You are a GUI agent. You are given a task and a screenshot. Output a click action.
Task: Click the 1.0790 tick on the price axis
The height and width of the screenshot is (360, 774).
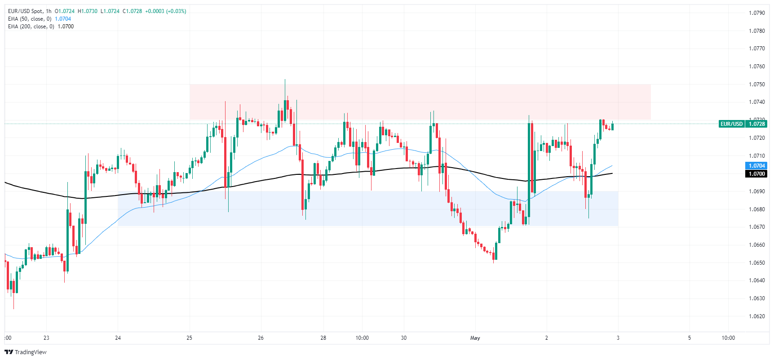point(756,13)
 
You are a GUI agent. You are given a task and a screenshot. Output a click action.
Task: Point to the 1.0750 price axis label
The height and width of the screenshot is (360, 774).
point(756,84)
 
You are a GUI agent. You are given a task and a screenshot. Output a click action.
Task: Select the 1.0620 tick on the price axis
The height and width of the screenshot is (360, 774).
point(756,316)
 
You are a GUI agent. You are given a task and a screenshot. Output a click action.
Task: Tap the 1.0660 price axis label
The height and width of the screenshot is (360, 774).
point(756,245)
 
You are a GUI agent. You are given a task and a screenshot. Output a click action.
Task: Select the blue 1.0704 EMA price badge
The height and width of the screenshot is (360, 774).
point(756,166)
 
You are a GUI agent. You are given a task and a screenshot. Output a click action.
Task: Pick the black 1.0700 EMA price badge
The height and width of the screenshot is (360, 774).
point(756,174)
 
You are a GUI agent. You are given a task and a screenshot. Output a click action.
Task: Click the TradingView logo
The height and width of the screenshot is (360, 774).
point(26,352)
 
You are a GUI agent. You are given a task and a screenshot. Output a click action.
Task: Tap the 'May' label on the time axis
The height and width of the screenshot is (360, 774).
point(475,338)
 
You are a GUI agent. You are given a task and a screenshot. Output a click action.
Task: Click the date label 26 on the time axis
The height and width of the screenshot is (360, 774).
point(261,338)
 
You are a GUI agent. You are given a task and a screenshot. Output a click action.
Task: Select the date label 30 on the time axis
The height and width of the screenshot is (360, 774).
point(403,338)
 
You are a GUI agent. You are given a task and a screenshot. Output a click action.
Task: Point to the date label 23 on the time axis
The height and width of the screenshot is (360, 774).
point(46,338)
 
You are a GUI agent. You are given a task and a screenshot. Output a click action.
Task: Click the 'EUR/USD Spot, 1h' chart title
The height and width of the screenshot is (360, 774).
point(30,11)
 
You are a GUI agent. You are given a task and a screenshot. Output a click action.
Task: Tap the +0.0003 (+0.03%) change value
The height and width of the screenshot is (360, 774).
point(165,11)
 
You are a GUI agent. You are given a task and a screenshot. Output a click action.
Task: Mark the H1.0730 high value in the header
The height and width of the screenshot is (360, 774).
point(88,11)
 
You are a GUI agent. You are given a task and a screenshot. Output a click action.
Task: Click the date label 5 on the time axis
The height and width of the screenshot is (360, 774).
point(690,338)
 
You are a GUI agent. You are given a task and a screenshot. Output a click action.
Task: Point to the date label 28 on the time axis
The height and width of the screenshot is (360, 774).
point(323,338)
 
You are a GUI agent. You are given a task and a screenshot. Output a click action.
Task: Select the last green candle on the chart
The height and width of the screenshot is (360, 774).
point(612,126)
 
